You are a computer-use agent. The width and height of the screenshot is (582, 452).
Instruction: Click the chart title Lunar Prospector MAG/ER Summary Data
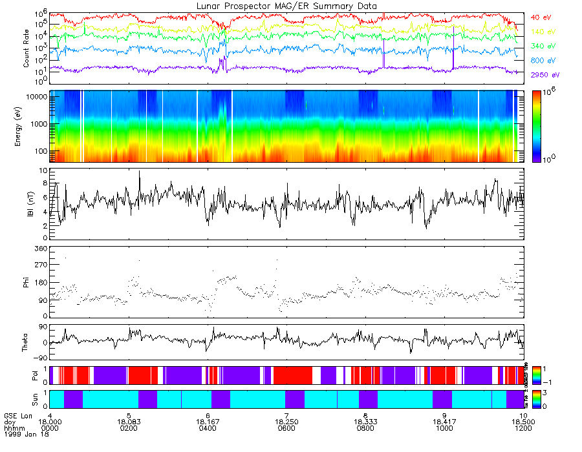pyautogui.click(x=287, y=6)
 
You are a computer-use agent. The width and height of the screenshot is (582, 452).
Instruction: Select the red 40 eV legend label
pyautogui.click(x=541, y=17)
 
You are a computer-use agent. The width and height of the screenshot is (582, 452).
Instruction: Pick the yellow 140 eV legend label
pyautogui.click(x=543, y=32)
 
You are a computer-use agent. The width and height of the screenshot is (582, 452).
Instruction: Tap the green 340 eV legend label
pyautogui.click(x=543, y=46)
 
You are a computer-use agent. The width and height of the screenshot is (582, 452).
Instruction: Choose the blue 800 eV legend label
pyautogui.click(x=543, y=61)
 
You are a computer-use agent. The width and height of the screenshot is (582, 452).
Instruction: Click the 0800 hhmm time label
pyautogui.click(x=366, y=428)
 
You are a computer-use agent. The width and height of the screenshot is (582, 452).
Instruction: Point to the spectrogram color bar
pyautogui.click(x=537, y=126)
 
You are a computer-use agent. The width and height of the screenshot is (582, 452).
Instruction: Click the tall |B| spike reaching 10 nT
pyautogui.click(x=139, y=173)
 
